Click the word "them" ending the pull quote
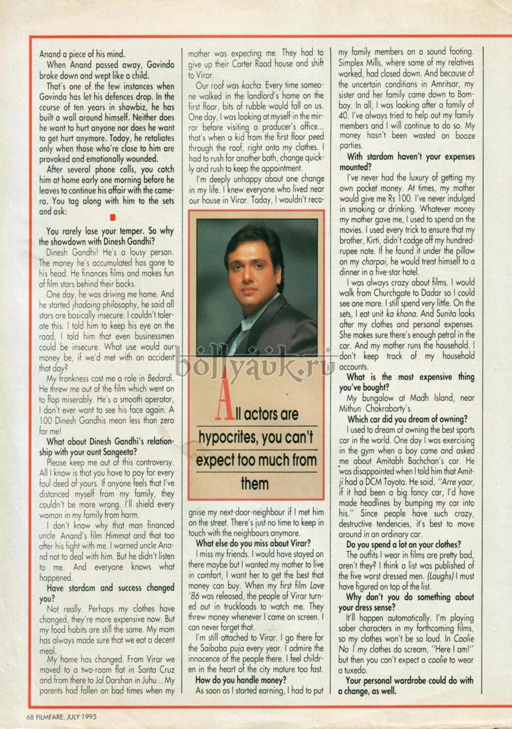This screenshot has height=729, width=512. (x=254, y=483)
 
